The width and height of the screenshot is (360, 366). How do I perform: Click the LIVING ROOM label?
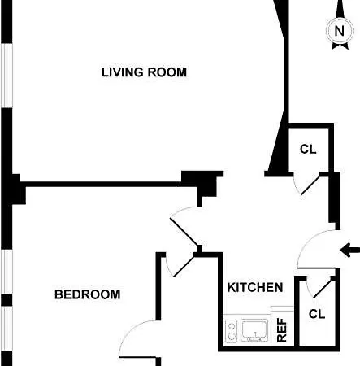144,72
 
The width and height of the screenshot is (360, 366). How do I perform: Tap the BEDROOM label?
88,294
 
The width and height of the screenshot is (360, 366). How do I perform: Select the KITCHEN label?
255,287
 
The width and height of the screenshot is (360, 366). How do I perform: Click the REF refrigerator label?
282,330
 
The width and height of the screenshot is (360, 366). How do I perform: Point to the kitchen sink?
254,330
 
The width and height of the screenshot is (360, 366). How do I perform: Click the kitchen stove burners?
232,330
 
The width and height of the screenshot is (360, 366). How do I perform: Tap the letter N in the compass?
340,31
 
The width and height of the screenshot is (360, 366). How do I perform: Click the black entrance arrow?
350,251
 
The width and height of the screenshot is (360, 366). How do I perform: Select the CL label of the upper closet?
308,149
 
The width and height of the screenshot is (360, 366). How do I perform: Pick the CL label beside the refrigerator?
317,314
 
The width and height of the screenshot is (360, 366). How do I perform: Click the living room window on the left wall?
7,76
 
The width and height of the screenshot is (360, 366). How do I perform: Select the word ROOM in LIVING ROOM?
167,72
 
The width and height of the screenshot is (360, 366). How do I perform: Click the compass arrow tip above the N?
340,1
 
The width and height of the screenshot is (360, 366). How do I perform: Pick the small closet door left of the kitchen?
181,266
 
